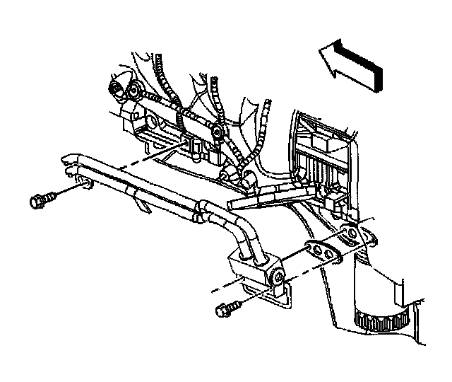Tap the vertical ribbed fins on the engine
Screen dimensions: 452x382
click(318, 170)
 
